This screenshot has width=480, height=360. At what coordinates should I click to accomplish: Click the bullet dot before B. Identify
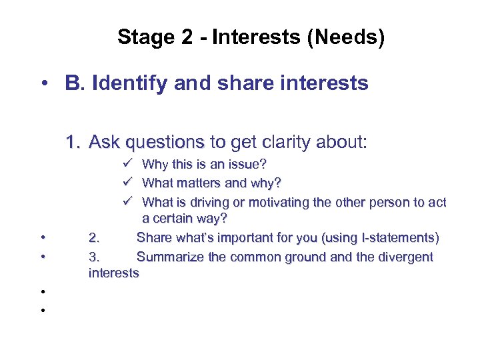pos(42,84)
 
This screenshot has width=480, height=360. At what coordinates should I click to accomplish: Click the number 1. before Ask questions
pos(74,142)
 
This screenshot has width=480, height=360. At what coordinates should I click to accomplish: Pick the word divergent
pos(405,257)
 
